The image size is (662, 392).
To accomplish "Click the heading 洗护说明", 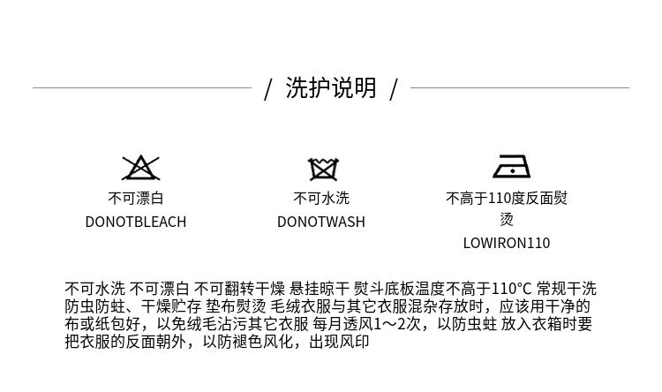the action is click(331, 88).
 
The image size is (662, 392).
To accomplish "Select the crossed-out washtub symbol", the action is click(323, 170).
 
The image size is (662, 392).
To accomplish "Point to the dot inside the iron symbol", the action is click(512, 171).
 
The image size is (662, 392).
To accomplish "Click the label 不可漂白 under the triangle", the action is click(136, 198).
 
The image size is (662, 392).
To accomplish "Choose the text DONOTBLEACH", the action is click(136, 222).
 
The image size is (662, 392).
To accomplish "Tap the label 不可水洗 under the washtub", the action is click(321, 198).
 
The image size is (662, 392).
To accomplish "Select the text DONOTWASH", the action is click(321, 222).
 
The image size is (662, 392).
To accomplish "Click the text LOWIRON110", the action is click(507, 243).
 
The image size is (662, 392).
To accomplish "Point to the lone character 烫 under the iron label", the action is click(507, 219).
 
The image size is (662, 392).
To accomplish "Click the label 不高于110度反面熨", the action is click(507, 198).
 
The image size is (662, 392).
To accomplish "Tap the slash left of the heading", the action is click(267, 89).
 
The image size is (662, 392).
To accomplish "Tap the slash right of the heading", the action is click(394, 89).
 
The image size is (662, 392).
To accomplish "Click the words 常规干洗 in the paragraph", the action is click(567, 289).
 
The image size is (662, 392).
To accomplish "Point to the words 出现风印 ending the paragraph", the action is click(340, 342).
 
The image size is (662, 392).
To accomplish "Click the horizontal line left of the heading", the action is click(142, 88).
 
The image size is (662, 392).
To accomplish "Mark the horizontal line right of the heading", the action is click(520, 88).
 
